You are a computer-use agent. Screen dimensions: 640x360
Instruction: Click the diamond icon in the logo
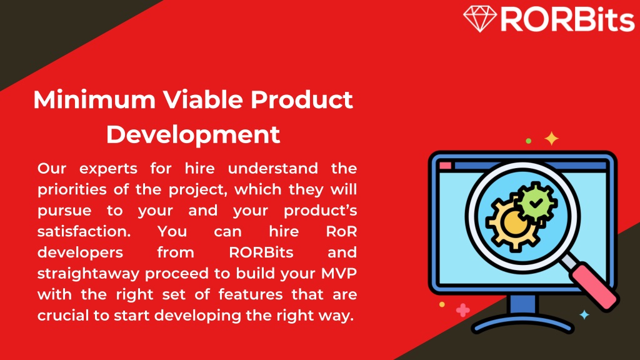tap(480, 18)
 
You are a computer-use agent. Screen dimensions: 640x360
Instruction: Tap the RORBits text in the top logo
tap(567, 19)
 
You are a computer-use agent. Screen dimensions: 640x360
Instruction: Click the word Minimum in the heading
tap(94, 99)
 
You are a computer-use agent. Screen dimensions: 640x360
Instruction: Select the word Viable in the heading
tap(203, 99)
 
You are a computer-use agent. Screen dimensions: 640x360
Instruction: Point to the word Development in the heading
tap(193, 135)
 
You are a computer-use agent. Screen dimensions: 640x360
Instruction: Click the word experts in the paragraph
tap(108, 169)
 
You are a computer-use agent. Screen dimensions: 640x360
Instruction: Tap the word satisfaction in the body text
tap(84, 231)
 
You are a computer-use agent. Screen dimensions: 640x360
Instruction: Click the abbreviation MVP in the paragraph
tap(339, 273)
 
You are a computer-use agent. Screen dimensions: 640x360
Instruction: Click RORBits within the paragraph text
tap(261, 252)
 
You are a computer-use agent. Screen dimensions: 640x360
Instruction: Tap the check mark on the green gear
tap(536, 202)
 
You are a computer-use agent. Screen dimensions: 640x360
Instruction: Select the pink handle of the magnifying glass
tap(596, 286)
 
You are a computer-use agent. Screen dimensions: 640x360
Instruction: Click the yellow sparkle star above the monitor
tap(551, 139)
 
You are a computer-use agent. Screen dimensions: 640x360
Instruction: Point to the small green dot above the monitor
tap(529, 141)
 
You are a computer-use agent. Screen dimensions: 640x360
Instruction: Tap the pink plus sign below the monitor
tap(463, 310)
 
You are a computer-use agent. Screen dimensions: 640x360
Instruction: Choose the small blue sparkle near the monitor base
tap(584, 315)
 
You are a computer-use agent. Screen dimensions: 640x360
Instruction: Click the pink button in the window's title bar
tap(445, 165)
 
